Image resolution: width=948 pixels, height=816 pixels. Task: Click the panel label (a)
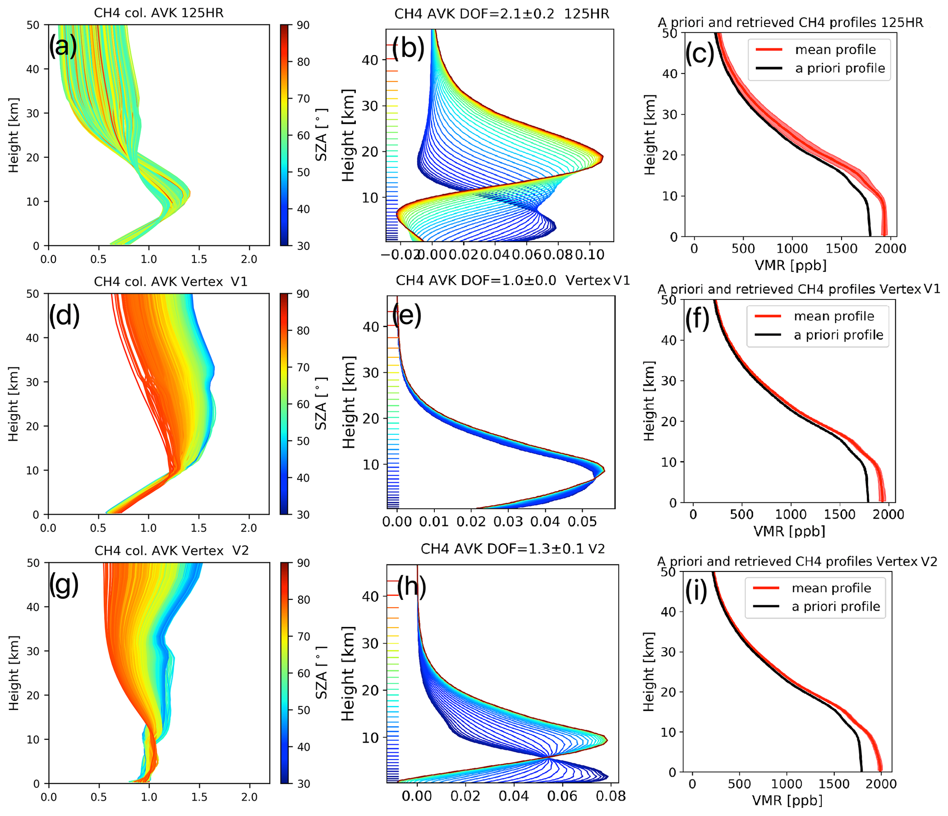click(63, 46)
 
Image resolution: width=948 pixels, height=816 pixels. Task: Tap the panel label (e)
click(406, 315)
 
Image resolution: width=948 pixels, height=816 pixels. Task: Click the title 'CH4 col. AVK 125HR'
click(159, 13)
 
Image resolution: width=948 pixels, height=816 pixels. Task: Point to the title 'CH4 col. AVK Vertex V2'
click(172, 550)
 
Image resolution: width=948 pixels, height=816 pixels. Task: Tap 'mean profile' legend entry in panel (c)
click(835, 50)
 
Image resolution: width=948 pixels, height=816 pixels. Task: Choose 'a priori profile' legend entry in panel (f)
click(838, 335)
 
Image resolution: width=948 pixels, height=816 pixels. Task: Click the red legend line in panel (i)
click(765, 588)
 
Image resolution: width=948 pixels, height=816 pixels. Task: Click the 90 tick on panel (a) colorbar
click(303, 25)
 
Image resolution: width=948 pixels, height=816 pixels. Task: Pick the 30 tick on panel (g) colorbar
click(304, 783)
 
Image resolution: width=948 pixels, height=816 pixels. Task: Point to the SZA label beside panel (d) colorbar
click(322, 403)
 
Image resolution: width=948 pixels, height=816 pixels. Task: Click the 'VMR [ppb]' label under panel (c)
click(790, 265)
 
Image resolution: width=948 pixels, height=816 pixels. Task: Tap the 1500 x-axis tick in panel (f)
click(840, 514)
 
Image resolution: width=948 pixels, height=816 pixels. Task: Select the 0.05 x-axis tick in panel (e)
click(582, 522)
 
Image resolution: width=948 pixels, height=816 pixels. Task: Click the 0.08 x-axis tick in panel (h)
click(611, 796)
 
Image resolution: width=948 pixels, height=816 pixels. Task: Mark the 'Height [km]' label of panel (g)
click(14, 673)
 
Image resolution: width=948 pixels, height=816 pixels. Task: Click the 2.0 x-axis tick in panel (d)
click(249, 528)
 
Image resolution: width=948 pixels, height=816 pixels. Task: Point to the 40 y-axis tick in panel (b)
click(370, 60)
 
